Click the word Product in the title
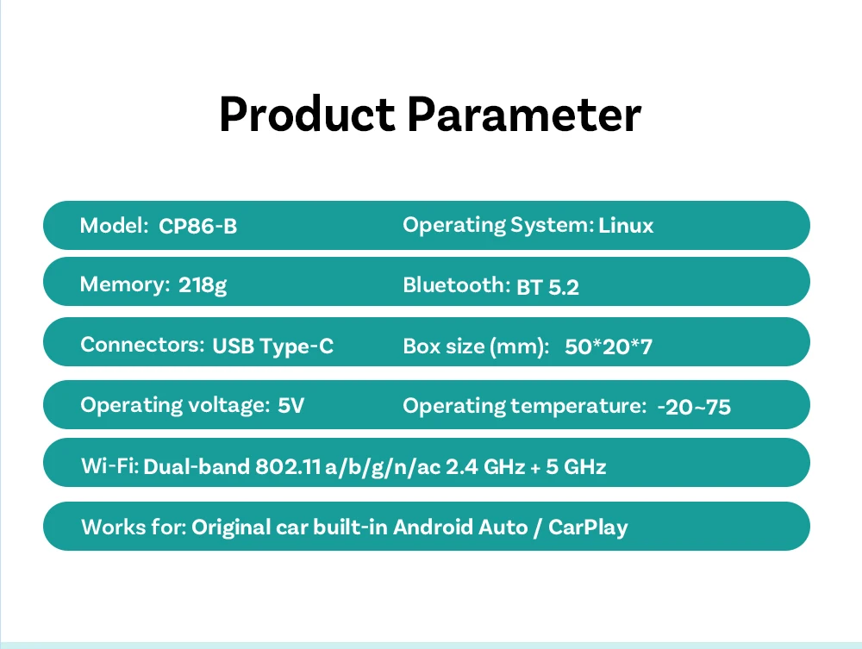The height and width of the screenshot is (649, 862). [307, 115]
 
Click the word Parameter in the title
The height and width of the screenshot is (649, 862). [524, 115]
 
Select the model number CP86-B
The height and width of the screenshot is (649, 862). [198, 227]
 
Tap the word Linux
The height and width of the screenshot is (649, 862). [626, 225]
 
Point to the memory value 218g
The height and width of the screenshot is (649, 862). [203, 285]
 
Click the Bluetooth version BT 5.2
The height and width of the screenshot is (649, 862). [547, 287]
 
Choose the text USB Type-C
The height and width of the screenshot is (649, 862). [272, 346]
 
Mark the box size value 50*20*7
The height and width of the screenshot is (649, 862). [609, 346]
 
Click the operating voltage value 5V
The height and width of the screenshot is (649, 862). [290, 406]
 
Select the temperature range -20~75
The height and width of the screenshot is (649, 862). [694, 407]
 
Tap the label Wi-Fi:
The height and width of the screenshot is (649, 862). [110, 466]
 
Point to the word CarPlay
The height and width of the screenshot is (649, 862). [588, 527]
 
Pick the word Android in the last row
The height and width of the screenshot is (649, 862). [434, 527]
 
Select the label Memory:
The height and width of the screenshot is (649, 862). [125, 284]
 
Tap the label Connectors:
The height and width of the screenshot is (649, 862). [142, 345]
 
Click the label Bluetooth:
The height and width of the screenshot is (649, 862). [457, 285]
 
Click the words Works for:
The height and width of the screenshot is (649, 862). [134, 527]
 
